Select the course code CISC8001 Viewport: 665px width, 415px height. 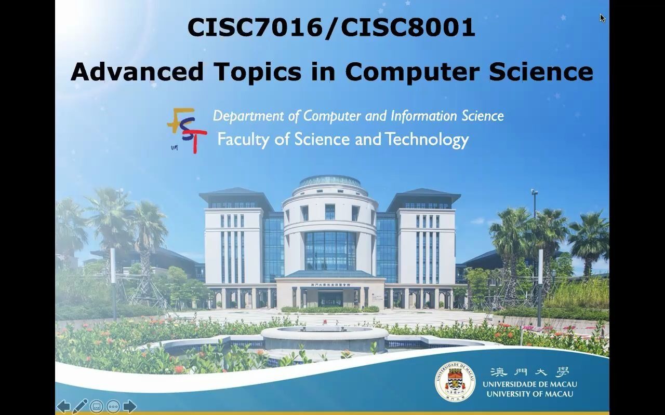(x=408, y=27)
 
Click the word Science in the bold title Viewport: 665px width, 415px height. (x=541, y=72)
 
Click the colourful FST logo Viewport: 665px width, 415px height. (x=186, y=130)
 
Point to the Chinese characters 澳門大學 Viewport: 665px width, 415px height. (x=529, y=372)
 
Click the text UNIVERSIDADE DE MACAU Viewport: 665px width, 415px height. (x=529, y=384)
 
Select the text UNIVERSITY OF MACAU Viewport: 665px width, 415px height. (x=529, y=394)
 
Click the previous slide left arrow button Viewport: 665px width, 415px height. (x=63, y=406)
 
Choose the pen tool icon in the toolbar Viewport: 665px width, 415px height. (x=80, y=406)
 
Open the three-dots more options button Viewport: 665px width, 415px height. (x=113, y=406)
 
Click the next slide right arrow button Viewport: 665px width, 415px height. (x=130, y=406)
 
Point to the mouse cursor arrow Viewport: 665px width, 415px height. (x=602, y=18)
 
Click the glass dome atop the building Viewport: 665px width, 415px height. (x=330, y=181)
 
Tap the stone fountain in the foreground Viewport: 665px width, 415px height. (x=325, y=338)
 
